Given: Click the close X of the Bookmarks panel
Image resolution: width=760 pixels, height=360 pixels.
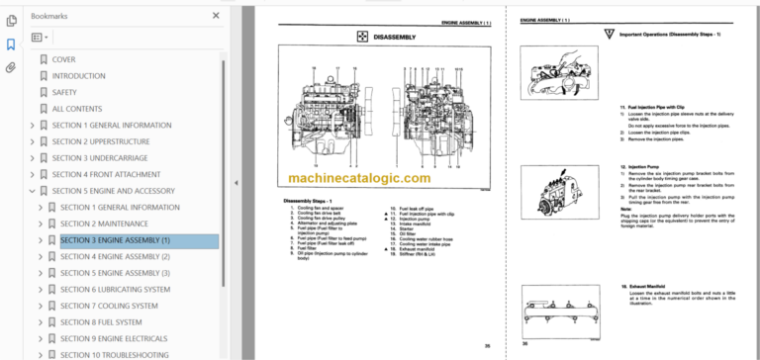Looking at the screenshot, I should (x=216, y=16).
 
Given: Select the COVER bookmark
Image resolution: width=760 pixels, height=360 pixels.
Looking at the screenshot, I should (x=63, y=59).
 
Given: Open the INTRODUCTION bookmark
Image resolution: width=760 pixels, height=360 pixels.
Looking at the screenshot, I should (x=78, y=76).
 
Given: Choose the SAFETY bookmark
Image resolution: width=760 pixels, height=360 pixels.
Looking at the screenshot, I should (x=64, y=92).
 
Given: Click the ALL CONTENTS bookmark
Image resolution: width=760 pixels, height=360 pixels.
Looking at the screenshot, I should (x=76, y=109).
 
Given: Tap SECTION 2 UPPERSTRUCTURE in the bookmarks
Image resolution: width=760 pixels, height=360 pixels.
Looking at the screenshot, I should (x=109, y=141).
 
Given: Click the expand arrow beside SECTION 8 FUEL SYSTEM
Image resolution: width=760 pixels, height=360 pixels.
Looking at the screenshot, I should (x=41, y=321).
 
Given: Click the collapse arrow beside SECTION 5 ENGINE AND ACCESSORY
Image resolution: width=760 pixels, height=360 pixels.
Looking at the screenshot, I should (x=32, y=191).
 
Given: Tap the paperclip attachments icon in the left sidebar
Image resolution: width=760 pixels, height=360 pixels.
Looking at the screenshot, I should (x=11, y=67).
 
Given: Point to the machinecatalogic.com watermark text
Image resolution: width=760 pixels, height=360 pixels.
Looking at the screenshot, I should (x=360, y=178).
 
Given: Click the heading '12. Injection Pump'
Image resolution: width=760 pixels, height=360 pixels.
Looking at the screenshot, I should (x=639, y=168).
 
